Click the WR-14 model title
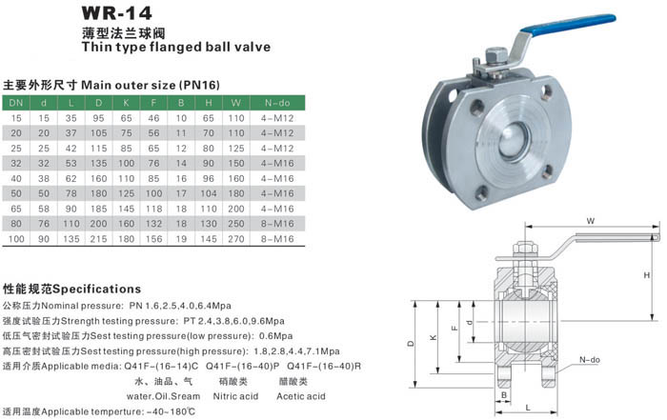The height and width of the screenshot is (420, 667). tap(116, 13)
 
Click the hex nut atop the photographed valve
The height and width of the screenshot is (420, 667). tap(495, 54)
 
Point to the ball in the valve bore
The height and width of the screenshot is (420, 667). tap(515, 140)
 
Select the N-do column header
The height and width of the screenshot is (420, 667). tap(277, 103)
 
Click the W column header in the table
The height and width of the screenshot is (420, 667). tap(235, 103)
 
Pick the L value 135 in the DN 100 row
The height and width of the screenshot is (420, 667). tap(71, 239)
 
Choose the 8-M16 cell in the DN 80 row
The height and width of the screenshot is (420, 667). tap(277, 224)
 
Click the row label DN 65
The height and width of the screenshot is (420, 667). tap(16, 209)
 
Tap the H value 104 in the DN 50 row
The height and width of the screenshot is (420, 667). tap(209, 193)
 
